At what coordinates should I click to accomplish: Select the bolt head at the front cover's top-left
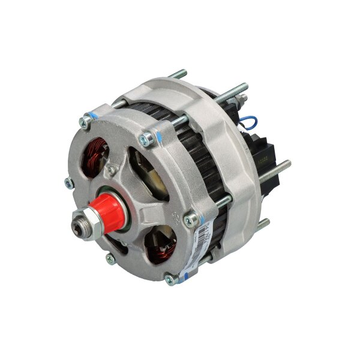coord(86,121)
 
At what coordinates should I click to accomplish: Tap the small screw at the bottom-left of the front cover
coord(110,259)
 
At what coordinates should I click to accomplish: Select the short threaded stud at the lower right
coord(263,224)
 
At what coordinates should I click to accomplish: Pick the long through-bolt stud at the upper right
coord(234,91)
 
